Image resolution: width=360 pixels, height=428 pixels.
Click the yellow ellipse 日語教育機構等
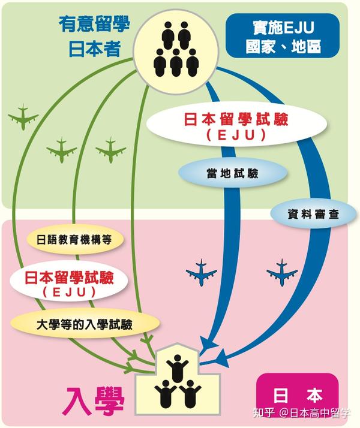point(75,239)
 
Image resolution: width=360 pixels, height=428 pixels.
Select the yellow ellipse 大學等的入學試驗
point(84,324)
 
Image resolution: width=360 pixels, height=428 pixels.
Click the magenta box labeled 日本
point(297,396)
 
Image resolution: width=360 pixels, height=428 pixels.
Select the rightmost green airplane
point(110,149)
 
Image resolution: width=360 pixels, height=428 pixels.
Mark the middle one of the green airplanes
point(62,149)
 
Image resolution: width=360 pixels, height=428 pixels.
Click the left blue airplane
point(205,273)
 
